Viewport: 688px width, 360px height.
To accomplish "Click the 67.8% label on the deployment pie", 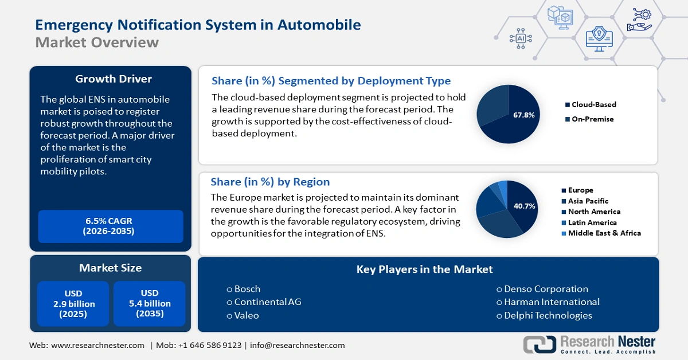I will pos(524,115).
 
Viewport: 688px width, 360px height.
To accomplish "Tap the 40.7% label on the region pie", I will pos(525,206).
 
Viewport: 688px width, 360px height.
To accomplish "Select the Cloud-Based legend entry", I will pos(593,105).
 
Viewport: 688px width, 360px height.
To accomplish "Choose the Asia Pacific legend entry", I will pos(588,201).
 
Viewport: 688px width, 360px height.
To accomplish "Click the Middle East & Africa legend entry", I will pos(604,233).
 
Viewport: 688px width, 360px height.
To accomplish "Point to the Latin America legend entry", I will pos(592,222).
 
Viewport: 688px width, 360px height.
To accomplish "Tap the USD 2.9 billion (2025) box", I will pos(73,303).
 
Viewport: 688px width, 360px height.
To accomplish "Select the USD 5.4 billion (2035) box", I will pos(150,303).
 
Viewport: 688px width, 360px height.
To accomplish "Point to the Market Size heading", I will pos(110,268).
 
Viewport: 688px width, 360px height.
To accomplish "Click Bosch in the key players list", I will pos(247,289).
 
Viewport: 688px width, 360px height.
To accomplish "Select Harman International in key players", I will pos(551,302).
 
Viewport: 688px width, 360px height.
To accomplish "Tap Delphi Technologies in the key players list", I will pos(548,315).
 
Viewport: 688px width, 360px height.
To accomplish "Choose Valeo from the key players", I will pos(246,315).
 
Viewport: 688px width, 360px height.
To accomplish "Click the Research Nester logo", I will pos(591,344).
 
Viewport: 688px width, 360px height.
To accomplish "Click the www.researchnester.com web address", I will pos(97,345).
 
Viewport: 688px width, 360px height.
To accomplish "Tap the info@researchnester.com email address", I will pos(298,345).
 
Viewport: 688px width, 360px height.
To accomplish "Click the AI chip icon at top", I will pos(521,38).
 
